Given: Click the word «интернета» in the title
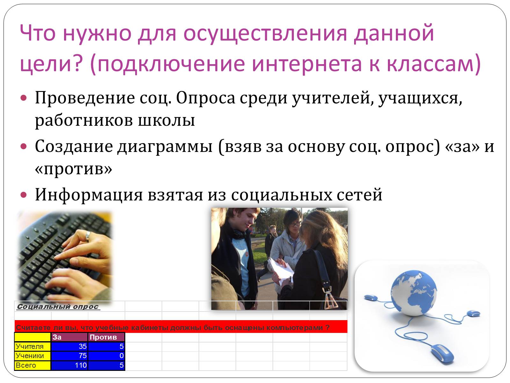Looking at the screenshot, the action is (x=307, y=63).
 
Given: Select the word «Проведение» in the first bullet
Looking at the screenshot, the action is (x=85, y=98).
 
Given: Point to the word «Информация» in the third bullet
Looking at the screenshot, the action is (x=89, y=195).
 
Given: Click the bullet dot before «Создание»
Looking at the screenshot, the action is (x=24, y=146).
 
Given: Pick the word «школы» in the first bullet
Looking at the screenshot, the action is (x=166, y=121).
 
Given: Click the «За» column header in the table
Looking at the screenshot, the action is (x=69, y=337).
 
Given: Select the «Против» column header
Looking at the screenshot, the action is (x=106, y=337).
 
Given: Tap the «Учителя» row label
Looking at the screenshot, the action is (x=32, y=347).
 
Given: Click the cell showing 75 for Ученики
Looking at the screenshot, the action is (x=69, y=356).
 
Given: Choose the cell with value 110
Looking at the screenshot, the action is (x=69, y=365).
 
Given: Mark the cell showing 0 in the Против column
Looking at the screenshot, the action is (x=106, y=356).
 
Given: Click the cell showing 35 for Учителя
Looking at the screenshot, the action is (x=69, y=347).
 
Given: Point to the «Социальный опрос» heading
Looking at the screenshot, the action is (x=58, y=307).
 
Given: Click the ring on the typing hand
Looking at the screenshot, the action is (x=88, y=236).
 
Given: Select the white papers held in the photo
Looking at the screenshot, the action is (x=281, y=270).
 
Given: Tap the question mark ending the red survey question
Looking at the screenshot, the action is (x=327, y=327).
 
